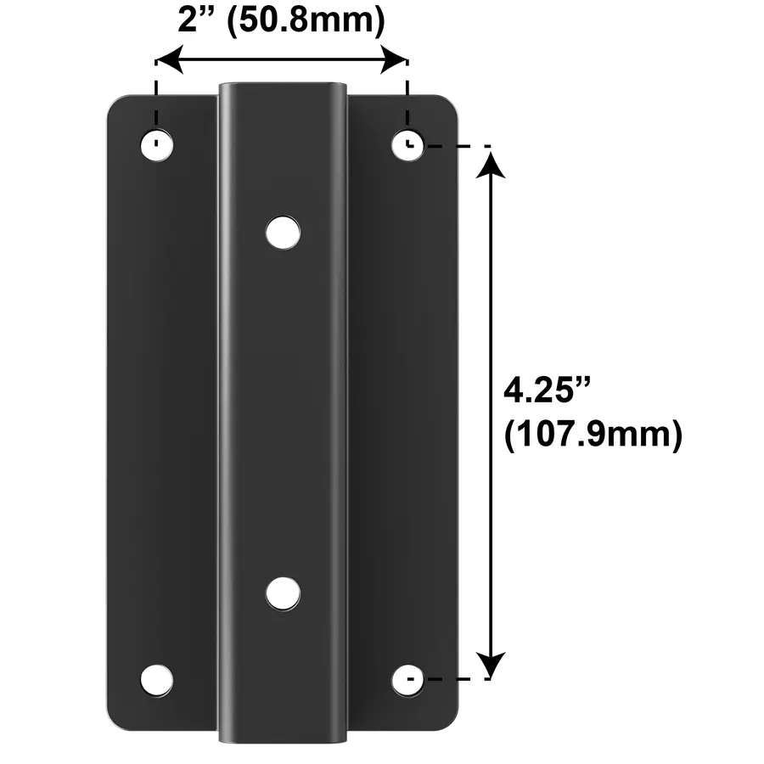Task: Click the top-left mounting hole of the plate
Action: click(x=156, y=144)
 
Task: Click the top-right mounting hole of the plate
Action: click(x=408, y=144)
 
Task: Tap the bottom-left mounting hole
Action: click(x=156, y=680)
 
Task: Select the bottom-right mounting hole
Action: click(x=408, y=680)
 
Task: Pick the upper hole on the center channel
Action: click(x=283, y=232)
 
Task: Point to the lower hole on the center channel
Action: click(x=283, y=593)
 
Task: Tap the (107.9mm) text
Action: click(x=593, y=435)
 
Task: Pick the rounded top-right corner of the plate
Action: click(x=449, y=104)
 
